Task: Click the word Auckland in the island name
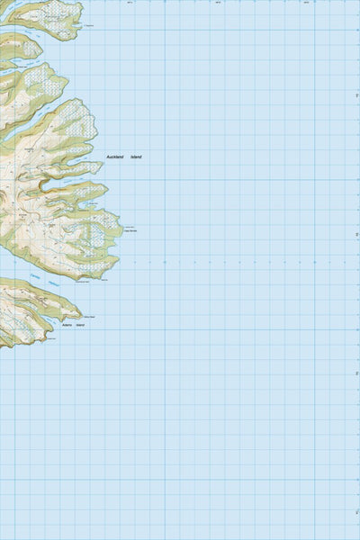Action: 115,157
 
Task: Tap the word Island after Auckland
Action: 136,157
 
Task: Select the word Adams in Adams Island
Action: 67,324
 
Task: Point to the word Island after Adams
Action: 80,324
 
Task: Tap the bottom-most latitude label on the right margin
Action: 357,513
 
